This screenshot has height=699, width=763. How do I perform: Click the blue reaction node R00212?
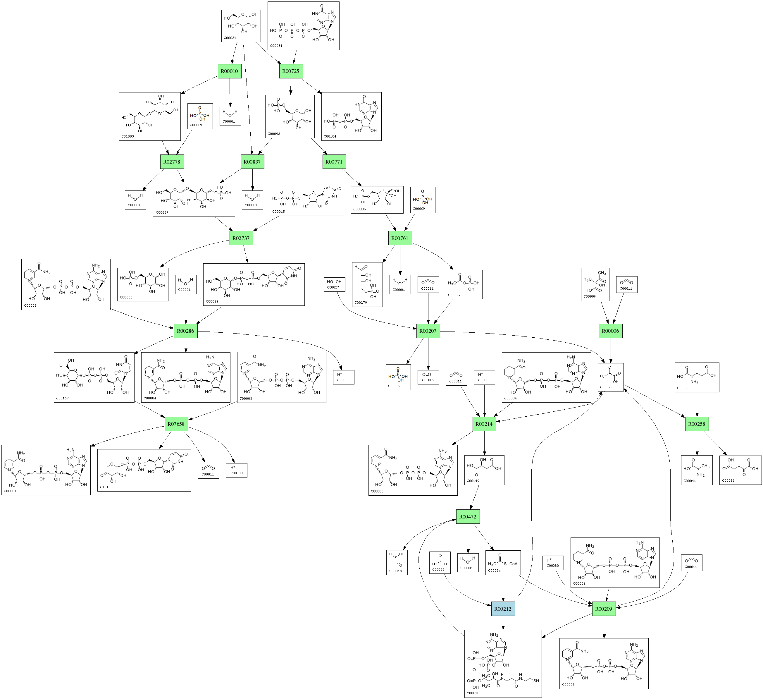pos(503,609)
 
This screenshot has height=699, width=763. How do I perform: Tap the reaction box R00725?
pos(291,71)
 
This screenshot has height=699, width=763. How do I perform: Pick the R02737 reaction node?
pos(241,238)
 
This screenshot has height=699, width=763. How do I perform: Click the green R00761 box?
pos(400,238)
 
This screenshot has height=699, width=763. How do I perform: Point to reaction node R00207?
pos(428,331)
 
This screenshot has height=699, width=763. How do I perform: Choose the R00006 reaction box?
pos(610,331)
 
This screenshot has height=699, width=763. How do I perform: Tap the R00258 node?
pos(697,424)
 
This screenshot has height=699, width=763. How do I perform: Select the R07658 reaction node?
pos(176,424)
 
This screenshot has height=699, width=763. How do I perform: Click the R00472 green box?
pos(468,516)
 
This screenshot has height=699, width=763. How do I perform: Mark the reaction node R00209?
pos(604,609)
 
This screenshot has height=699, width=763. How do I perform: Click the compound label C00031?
pos(230,38)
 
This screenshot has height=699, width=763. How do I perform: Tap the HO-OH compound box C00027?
pos(334,284)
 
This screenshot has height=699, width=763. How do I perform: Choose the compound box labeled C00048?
pos(397,562)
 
